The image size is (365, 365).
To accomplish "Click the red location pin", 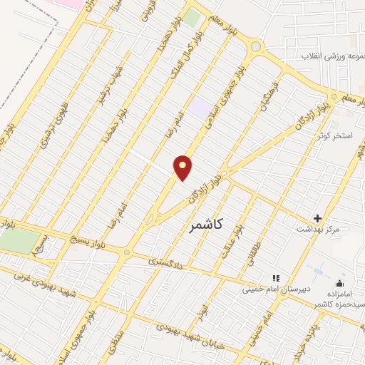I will point(183,167).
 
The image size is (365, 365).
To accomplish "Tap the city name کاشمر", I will point(207,225).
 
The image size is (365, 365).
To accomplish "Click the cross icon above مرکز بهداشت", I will point(318,218).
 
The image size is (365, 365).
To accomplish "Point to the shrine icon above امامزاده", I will point(339,284).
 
